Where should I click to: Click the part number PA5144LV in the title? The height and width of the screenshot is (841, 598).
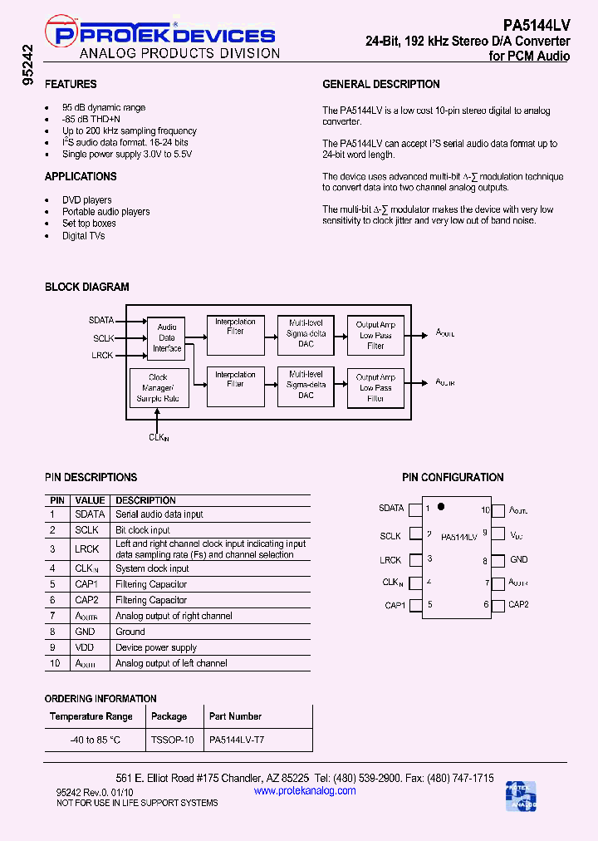click(537, 25)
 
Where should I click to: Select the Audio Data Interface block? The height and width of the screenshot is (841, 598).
click(167, 337)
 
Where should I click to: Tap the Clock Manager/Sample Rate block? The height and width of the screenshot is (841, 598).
click(158, 388)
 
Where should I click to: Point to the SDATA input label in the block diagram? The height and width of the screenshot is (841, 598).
click(101, 320)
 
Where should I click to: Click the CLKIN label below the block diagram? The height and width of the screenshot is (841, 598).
click(158, 436)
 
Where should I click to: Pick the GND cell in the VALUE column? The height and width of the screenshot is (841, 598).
click(86, 632)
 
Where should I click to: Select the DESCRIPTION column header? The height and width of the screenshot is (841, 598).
click(145, 500)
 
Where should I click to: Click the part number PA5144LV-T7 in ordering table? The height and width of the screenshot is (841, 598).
click(237, 739)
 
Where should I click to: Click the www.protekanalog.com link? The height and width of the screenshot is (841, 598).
click(304, 790)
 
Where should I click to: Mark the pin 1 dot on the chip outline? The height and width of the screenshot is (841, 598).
click(441, 506)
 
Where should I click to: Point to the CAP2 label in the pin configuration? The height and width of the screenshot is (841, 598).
click(518, 604)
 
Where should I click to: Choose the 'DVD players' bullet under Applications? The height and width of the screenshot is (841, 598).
click(86, 200)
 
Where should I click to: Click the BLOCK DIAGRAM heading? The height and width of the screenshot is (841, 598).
click(86, 287)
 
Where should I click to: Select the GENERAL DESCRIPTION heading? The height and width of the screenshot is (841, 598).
click(380, 84)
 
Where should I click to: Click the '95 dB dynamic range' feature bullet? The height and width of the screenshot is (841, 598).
click(104, 107)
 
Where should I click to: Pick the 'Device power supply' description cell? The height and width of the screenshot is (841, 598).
click(156, 647)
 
